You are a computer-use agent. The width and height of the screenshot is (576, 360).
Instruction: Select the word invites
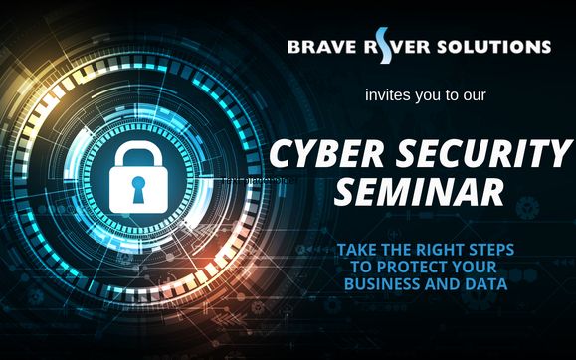pos(386,97)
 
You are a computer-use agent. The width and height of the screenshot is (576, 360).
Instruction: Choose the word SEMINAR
pos(418,191)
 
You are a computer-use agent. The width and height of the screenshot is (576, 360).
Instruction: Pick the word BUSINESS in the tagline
pos(382,284)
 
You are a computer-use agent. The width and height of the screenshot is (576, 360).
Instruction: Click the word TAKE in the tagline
pos(357,249)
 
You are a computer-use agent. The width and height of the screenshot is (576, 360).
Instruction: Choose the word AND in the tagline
pos(443,284)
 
